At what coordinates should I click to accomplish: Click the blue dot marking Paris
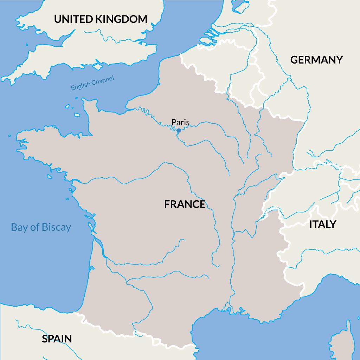click(x=179, y=130)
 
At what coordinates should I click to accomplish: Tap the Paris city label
click(x=180, y=122)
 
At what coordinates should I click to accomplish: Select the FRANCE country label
click(x=185, y=204)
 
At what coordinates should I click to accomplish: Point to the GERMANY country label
click(x=316, y=60)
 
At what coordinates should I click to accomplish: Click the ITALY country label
click(x=322, y=224)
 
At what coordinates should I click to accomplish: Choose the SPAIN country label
click(x=57, y=339)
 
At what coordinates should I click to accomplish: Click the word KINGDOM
click(x=121, y=19)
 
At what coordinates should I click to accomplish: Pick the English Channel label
click(x=92, y=83)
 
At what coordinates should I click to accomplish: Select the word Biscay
click(x=56, y=227)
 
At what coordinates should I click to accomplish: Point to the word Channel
click(x=103, y=80)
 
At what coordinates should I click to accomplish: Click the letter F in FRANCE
click(x=167, y=204)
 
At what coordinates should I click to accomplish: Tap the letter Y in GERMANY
click(x=339, y=60)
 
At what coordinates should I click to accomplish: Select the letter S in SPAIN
click(x=45, y=339)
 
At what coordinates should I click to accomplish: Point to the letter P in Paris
click(x=174, y=122)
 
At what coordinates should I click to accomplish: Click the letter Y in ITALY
click(x=332, y=224)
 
